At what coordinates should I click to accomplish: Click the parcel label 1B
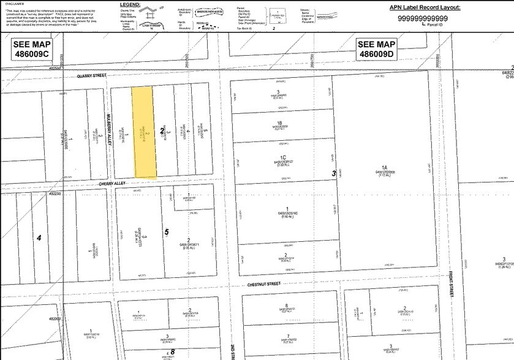[279, 122]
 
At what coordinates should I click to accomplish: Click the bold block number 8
[173, 351]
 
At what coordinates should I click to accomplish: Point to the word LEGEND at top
[130, 4]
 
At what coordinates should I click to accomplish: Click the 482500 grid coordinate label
[55, 69]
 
